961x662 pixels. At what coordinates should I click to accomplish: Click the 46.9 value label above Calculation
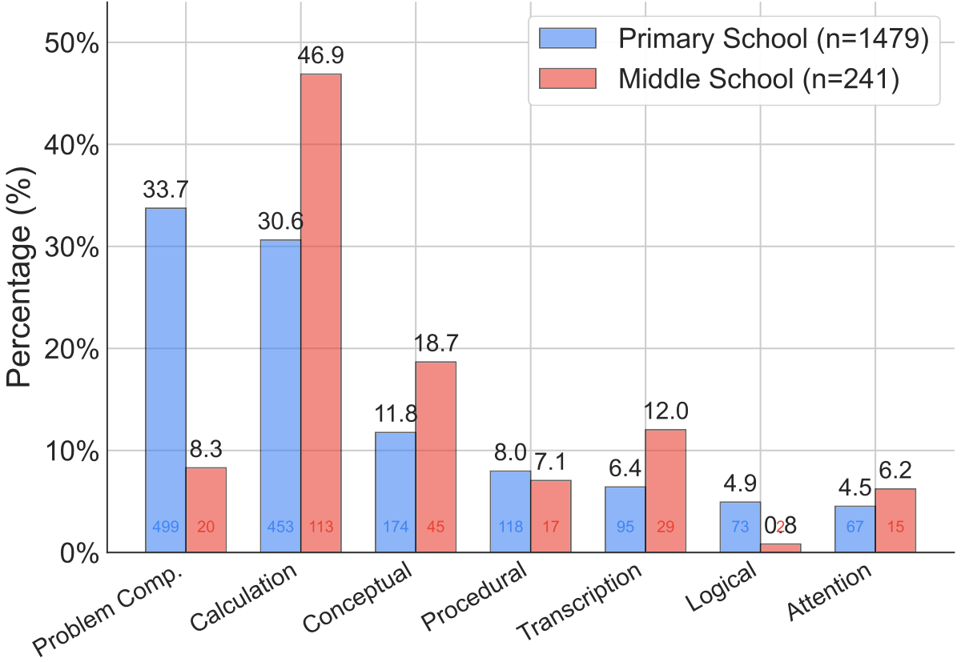pyautogui.click(x=320, y=57)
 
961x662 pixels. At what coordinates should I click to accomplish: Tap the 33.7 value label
pyautogui.click(x=165, y=191)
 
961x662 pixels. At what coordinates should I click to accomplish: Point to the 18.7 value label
pyautogui.click(x=436, y=344)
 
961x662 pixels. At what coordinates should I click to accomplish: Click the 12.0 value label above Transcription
pyautogui.click(x=665, y=412)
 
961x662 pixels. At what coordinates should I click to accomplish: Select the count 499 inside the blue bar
pyautogui.click(x=166, y=528)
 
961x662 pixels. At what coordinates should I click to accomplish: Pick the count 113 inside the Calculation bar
pyautogui.click(x=320, y=528)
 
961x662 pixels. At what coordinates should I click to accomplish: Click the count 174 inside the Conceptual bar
pyautogui.click(x=396, y=528)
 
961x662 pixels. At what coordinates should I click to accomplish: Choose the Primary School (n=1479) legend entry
pyautogui.click(x=733, y=40)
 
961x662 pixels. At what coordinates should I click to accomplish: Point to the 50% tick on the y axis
pyautogui.click(x=70, y=42)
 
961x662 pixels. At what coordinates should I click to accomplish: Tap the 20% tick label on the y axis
pyautogui.click(x=70, y=349)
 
